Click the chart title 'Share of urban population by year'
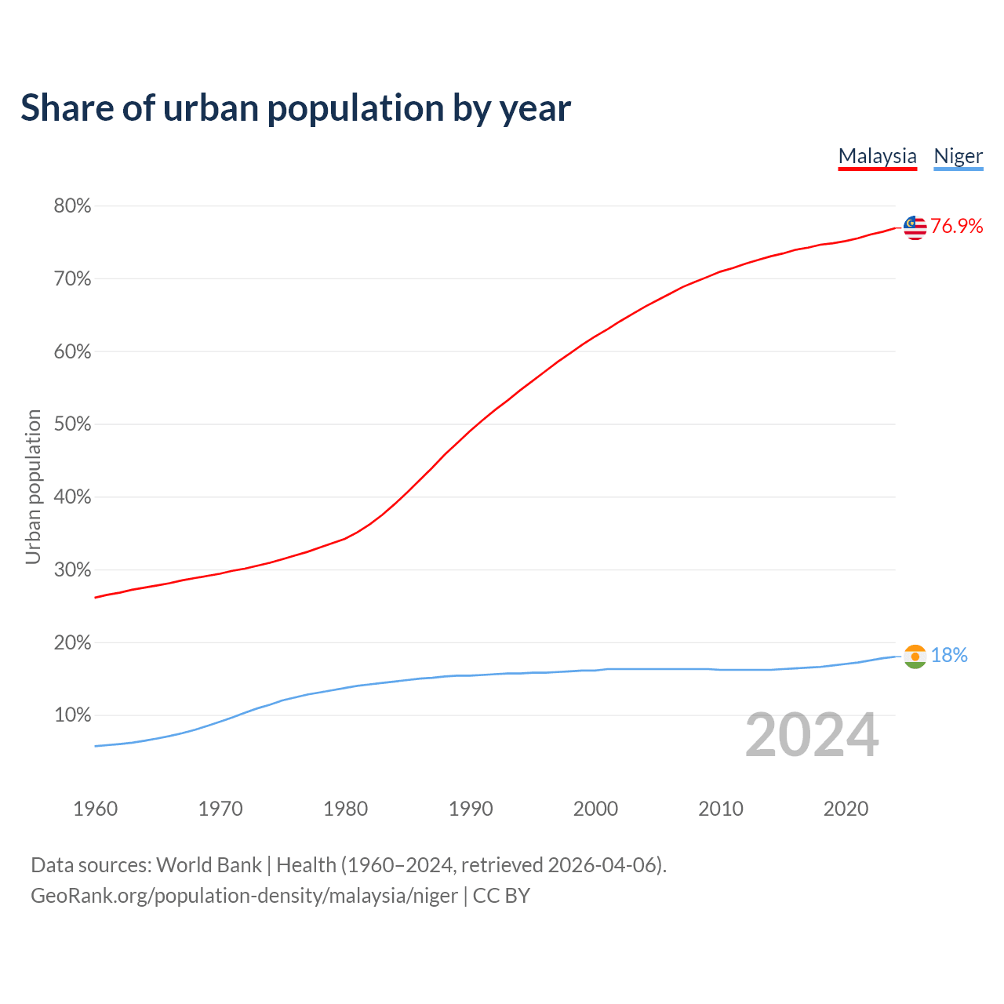tap(296, 108)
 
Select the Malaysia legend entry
tap(877, 156)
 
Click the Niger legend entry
tap(958, 156)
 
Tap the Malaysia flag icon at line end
tap(915, 227)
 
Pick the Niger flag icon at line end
tap(915, 656)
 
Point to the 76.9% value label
tap(956, 227)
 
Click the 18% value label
tap(949, 656)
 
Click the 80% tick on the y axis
tap(72, 206)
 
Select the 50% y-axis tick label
tap(72, 424)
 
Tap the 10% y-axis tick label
tap(72, 715)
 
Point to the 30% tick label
tap(72, 570)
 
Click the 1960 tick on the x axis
tap(95, 809)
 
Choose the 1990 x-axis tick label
tap(471, 809)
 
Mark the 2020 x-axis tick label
tap(846, 809)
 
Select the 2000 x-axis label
tap(595, 809)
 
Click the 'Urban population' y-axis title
tap(33, 486)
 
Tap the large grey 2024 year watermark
tap(812, 736)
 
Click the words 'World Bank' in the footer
tap(209, 865)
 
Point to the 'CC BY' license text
tap(501, 896)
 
